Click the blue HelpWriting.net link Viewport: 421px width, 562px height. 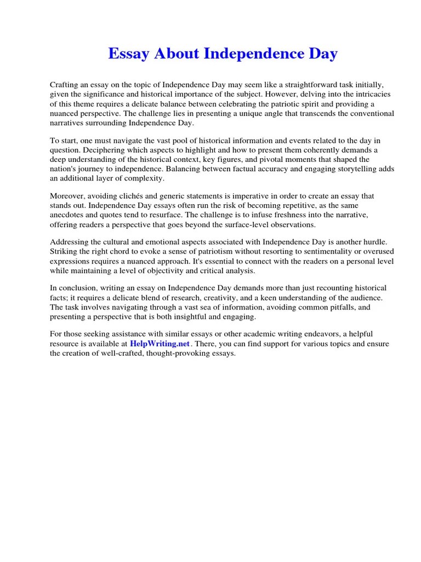coord(160,344)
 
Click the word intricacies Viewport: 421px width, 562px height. coord(370,94)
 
